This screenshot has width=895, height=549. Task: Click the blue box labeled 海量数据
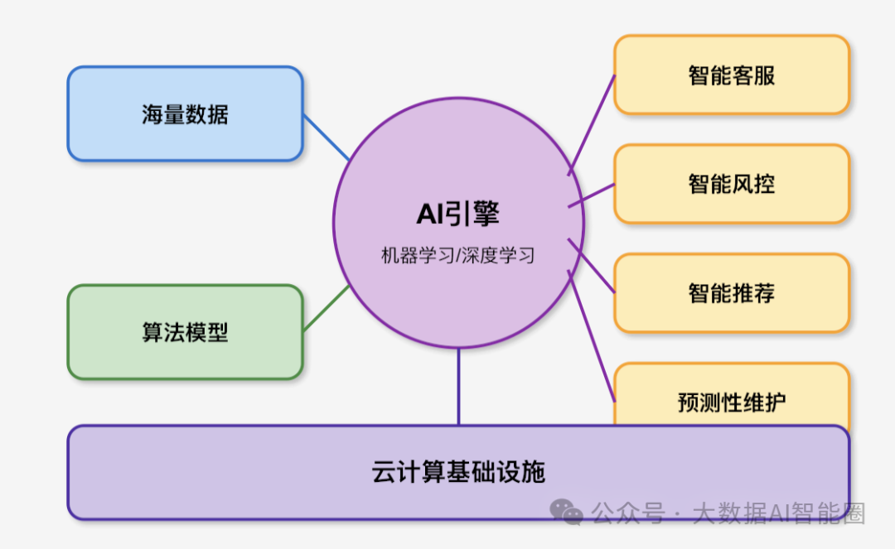[x=185, y=114]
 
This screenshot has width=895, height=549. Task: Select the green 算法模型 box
[x=185, y=332]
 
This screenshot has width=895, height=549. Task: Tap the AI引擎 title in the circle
[x=458, y=214]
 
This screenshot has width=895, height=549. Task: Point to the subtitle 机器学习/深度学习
[x=458, y=255]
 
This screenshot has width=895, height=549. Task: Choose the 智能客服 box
[x=732, y=75]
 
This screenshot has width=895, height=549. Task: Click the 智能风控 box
[x=732, y=184]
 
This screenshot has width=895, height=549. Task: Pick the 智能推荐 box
[x=732, y=293]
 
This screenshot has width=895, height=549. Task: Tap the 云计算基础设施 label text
[x=458, y=472]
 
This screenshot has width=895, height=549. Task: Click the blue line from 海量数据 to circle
[x=326, y=137]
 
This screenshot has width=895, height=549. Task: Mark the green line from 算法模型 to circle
[x=326, y=309]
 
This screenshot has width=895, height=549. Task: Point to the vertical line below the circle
[x=458, y=387]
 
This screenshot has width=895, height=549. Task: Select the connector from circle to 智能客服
[x=593, y=124]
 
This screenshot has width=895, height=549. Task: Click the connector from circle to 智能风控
[x=592, y=195]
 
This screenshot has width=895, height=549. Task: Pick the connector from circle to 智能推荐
[x=592, y=266]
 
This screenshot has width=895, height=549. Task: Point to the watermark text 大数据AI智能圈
[x=778, y=513]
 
